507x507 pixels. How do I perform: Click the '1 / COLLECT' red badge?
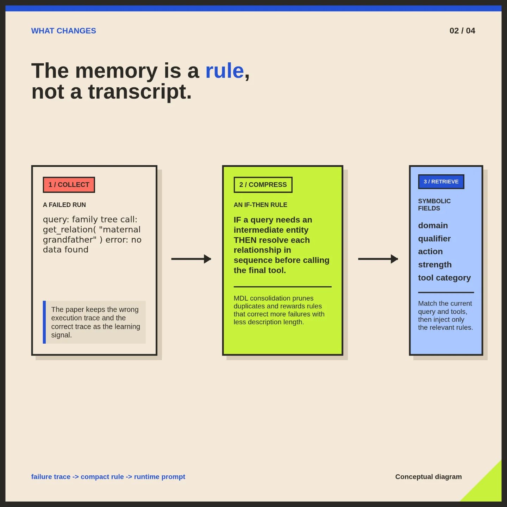(x=69, y=185)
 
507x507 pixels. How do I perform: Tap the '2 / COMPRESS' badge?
(x=263, y=185)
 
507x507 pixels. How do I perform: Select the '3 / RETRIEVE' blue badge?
(x=441, y=182)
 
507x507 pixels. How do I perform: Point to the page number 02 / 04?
(x=462, y=31)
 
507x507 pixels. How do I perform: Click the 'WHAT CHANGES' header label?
(x=63, y=31)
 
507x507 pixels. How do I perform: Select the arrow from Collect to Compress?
(x=191, y=259)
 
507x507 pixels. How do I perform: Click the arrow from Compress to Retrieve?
(x=378, y=259)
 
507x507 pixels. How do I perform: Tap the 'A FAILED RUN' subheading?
(x=64, y=205)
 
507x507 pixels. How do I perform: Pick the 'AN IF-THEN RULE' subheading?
(x=260, y=205)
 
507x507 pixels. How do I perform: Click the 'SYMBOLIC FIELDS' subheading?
(x=434, y=205)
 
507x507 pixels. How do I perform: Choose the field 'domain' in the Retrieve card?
(x=433, y=225)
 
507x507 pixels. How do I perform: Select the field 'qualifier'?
(x=434, y=239)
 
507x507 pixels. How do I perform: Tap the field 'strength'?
(x=434, y=264)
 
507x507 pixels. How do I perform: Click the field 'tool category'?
(x=444, y=277)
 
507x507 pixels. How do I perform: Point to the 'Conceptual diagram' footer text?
(x=428, y=477)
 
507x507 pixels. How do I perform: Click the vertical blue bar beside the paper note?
(x=44, y=322)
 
